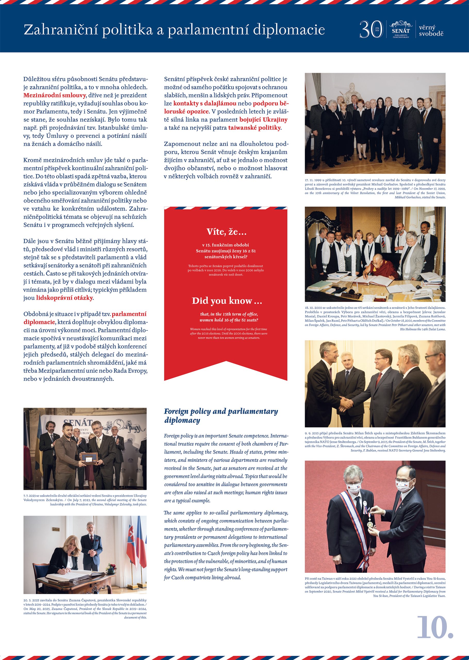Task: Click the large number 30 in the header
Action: pyautogui.click(x=371, y=29)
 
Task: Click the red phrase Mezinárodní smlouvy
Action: pyautogui.click(x=55, y=95)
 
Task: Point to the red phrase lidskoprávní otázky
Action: pyautogui.click(x=64, y=298)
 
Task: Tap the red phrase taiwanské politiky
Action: pyautogui.click(x=254, y=128)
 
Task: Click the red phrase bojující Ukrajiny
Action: pyautogui.click(x=263, y=120)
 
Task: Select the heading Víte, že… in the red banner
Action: pyautogui.click(x=227, y=232)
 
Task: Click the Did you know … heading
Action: pyautogui.click(x=227, y=301)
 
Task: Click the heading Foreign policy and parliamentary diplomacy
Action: pyautogui.click(x=221, y=415)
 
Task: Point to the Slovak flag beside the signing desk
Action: pyautogui.click(x=131, y=543)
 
